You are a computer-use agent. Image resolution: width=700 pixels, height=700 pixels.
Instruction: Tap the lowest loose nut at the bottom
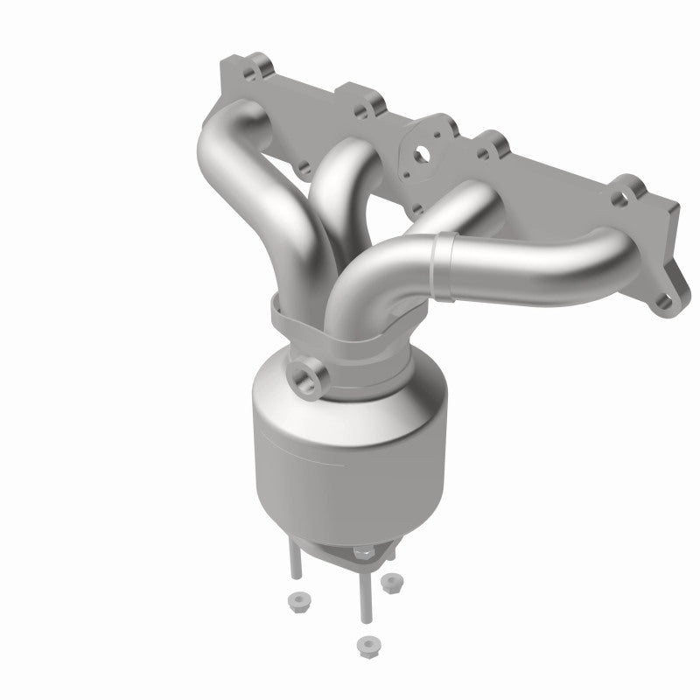click(365, 646)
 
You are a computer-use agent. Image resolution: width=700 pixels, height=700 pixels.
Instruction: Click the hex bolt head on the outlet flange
click(361, 553)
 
